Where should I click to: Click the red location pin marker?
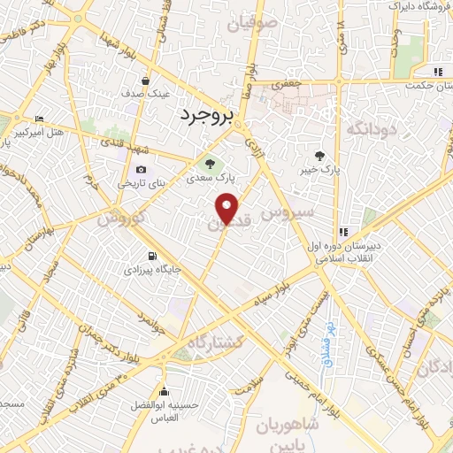pyautogui.click(x=227, y=210)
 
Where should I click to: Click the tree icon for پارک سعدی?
pyautogui.click(x=210, y=162)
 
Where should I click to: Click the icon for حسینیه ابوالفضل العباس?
pyautogui.click(x=163, y=392)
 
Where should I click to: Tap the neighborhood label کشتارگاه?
pyautogui.click(x=214, y=342)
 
